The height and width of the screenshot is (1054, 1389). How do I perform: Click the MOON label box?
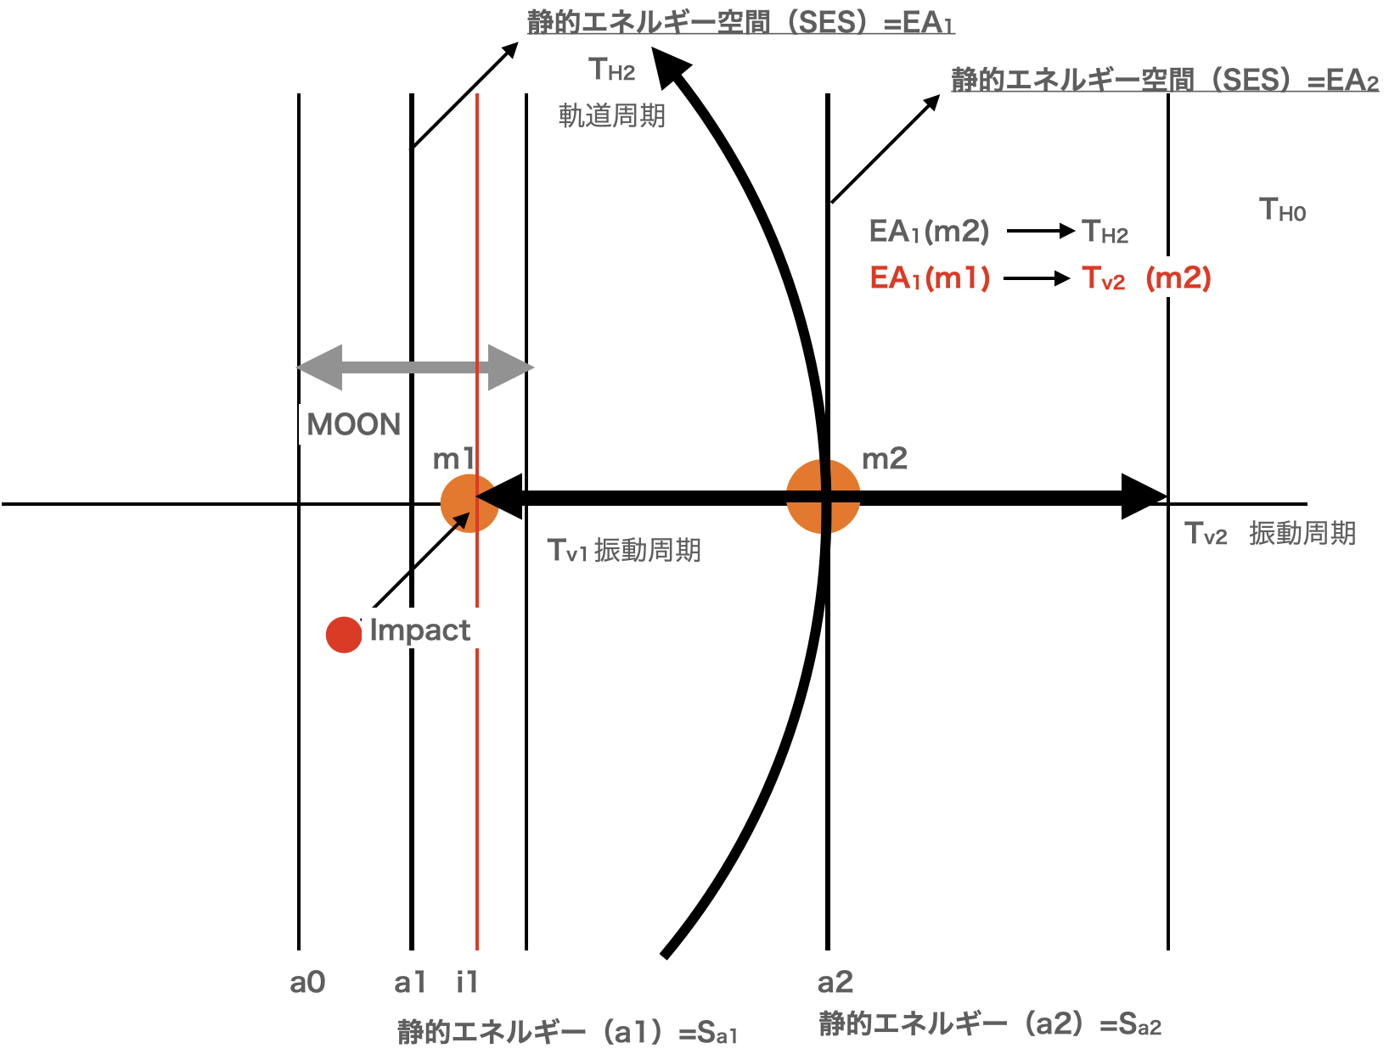pos(353,424)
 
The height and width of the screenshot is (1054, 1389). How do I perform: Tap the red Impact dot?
pos(343,635)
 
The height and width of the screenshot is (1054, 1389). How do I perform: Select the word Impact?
pos(419,629)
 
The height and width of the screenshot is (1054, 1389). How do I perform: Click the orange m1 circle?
pos(468,503)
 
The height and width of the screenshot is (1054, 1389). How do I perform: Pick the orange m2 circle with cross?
pos(823,496)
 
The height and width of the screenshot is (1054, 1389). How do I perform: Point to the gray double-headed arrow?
pos(414,367)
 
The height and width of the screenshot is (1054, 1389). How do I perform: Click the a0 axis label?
pos(307,983)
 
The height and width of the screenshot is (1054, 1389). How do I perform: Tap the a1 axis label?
pos(409,983)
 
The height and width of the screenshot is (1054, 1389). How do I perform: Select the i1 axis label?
pos(467,983)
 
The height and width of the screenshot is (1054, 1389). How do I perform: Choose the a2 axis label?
pos(835,983)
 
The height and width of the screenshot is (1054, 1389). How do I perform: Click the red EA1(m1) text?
pos(930,278)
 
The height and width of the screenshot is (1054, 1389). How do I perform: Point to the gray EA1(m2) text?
pos(929,231)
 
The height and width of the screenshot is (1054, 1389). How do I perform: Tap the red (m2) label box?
pos(1178,278)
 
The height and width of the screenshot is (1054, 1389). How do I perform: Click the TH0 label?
pos(1282,210)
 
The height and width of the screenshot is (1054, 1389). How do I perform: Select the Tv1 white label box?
pos(568,549)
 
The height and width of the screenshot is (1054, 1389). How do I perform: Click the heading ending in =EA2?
pos(1164,80)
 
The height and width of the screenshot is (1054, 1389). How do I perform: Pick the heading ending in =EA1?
pos(740,22)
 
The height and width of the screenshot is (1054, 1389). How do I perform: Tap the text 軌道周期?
pos(611,115)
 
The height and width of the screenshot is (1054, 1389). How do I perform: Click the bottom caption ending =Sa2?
pos(989,1024)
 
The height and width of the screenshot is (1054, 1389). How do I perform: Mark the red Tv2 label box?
pos(1104,278)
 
